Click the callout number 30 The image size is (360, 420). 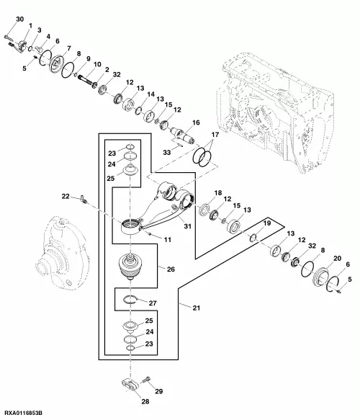click(x=20, y=19)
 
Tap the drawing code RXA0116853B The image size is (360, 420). click(x=24, y=413)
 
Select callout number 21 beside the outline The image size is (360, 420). click(x=197, y=308)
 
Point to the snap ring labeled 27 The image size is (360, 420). click(x=132, y=300)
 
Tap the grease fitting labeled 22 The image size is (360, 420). click(x=84, y=200)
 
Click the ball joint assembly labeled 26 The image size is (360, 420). click(x=130, y=267)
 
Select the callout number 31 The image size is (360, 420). click(x=188, y=226)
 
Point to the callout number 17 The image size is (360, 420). click(x=215, y=135)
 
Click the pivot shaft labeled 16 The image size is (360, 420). click(x=184, y=135)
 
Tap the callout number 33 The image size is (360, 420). click(x=167, y=153)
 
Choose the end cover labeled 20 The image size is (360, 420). click(x=323, y=278)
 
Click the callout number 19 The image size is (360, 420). click(x=267, y=223)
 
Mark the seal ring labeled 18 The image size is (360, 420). click(x=205, y=210)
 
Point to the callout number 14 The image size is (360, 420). click(x=151, y=94)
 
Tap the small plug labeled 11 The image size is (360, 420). click(x=150, y=235)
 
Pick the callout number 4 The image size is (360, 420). click(x=48, y=37)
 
